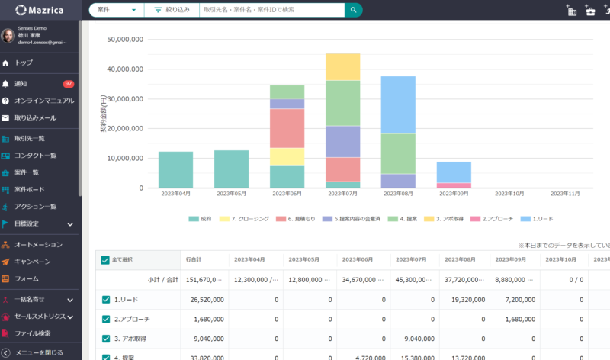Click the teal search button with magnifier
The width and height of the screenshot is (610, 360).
tap(353, 10)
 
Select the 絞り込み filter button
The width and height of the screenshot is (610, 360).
tap(172, 10)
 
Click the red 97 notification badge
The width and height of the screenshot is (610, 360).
tap(68, 83)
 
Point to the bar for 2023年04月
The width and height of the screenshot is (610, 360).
tap(175, 169)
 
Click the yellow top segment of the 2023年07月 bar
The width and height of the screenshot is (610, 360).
tap(342, 67)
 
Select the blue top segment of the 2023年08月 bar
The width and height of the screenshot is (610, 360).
tap(398, 104)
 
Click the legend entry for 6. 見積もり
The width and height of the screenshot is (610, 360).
tap(297, 218)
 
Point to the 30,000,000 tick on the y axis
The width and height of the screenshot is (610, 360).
tap(125, 98)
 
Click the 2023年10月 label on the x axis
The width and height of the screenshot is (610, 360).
tap(507, 194)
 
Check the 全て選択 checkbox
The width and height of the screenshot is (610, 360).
tap(105, 260)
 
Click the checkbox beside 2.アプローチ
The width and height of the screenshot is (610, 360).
tap(105, 319)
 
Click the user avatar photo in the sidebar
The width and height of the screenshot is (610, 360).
tap(8, 35)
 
